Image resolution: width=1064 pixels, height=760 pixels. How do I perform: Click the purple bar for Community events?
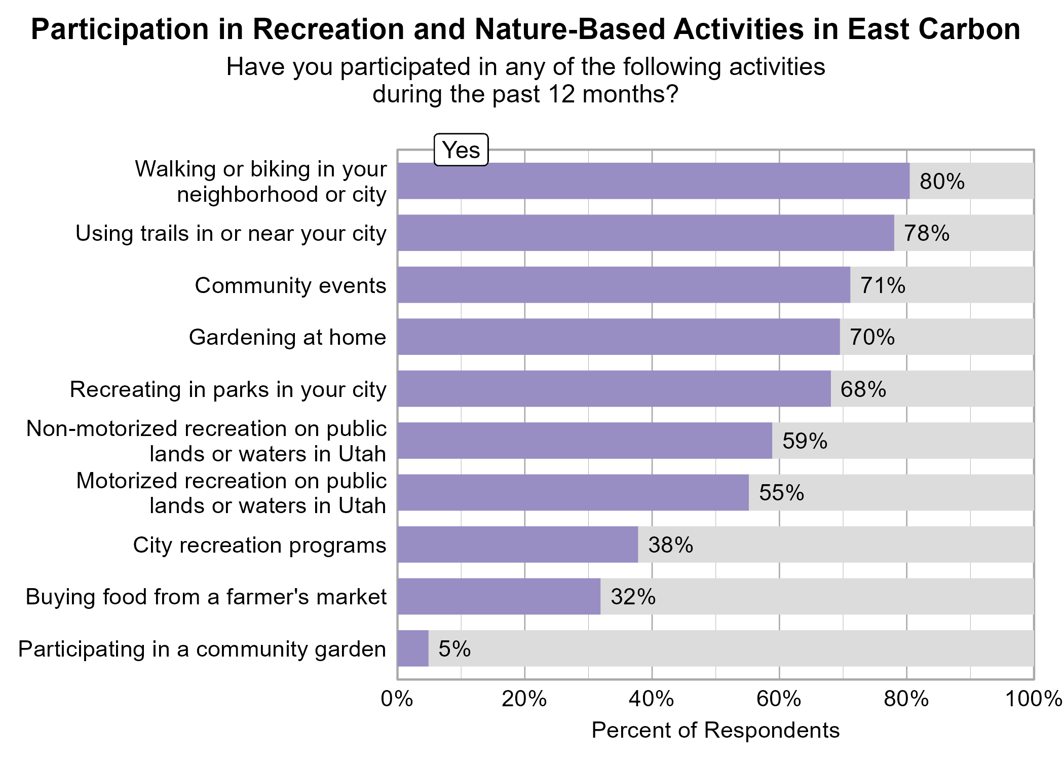pyautogui.click(x=623, y=285)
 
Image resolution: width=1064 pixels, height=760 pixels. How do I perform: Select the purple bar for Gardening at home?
pyautogui.click(x=618, y=337)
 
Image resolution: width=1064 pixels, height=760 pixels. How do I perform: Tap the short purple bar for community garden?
pyautogui.click(x=413, y=648)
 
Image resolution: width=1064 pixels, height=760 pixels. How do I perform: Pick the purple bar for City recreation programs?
pyautogui.click(x=517, y=545)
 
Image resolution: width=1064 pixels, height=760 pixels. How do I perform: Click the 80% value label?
pyautogui.click(x=942, y=182)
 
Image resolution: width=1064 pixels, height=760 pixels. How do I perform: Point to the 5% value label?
pyautogui.click(x=454, y=649)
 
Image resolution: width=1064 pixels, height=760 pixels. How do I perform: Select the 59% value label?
pyautogui.click(x=805, y=441)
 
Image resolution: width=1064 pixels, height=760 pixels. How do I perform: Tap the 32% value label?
pyautogui.click(x=633, y=597)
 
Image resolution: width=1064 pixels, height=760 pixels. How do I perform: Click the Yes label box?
pyautogui.click(x=461, y=150)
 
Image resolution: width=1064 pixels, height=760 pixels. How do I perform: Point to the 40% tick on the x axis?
pyautogui.click(x=652, y=699)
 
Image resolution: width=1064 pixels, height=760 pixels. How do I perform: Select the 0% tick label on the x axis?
pyautogui.click(x=397, y=699)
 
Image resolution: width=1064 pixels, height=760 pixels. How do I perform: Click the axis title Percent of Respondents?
pyautogui.click(x=715, y=731)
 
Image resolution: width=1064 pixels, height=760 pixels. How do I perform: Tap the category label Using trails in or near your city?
pyautogui.click(x=231, y=233)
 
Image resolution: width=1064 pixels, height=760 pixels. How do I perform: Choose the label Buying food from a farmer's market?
pyautogui.click(x=206, y=597)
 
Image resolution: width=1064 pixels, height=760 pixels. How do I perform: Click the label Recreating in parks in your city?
pyautogui.click(x=228, y=389)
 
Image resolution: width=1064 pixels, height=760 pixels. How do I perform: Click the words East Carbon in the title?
pyautogui.click(x=934, y=29)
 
